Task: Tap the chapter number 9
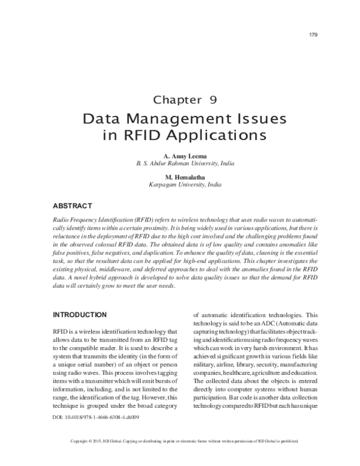pyautogui.click(x=213, y=100)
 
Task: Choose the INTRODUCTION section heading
pyautogui.click(x=80, y=315)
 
